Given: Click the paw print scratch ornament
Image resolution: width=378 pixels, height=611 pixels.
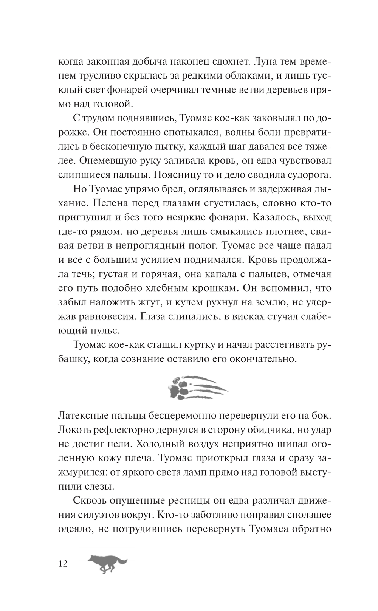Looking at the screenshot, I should [196, 387].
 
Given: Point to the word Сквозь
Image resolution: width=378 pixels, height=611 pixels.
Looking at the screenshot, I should [89, 501].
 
